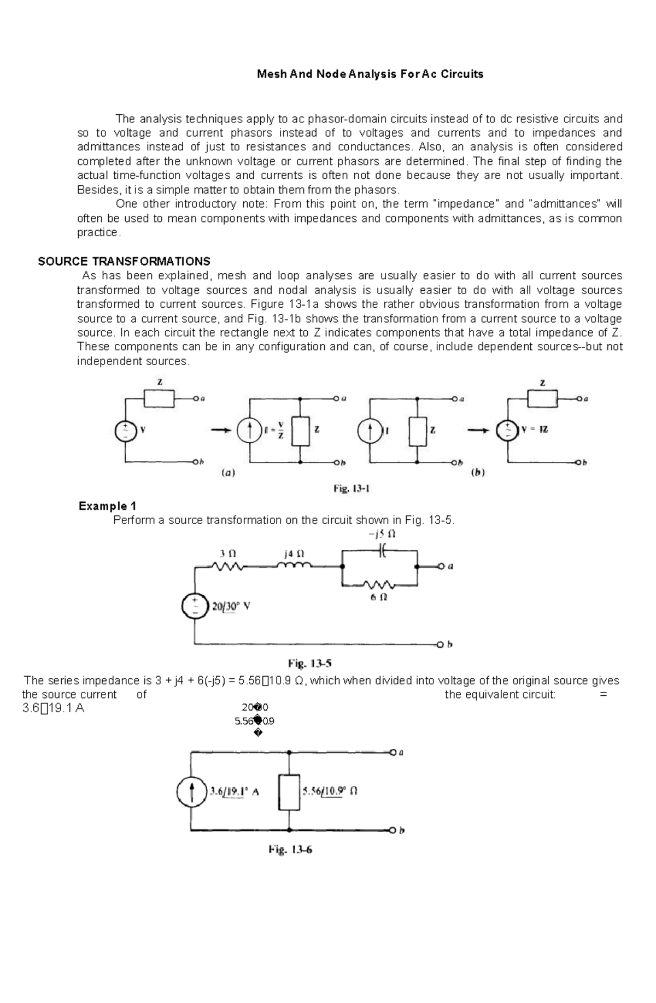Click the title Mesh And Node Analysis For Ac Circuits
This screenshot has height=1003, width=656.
coord(370,74)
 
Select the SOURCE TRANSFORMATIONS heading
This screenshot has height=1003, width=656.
coord(124,261)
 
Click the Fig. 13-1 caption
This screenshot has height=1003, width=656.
coord(352,489)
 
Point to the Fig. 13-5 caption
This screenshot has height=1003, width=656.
coord(310,664)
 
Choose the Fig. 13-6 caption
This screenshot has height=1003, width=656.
coord(290,850)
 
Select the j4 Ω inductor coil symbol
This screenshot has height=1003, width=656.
coord(294,567)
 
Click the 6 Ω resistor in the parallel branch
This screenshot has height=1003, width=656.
coord(380,584)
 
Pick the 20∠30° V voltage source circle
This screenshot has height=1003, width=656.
coord(195,606)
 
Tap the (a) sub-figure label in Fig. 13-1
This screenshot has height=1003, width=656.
coord(228,473)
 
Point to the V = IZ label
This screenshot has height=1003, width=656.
coord(535,430)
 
